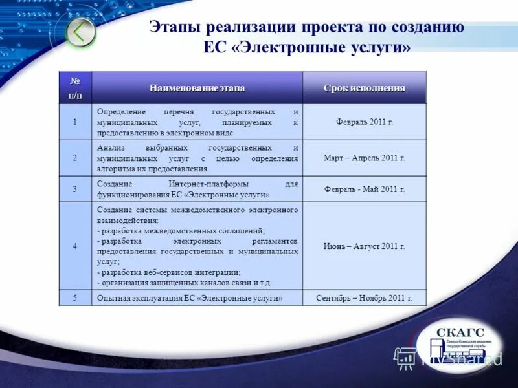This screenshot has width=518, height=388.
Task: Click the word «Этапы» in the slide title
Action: point(174,27)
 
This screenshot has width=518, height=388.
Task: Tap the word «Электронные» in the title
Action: point(303,48)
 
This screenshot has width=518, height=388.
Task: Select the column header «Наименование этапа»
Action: point(197,88)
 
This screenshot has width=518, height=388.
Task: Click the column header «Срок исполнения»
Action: point(365,88)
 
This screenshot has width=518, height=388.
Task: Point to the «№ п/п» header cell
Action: point(75,88)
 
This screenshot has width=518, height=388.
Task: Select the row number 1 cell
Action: point(75,122)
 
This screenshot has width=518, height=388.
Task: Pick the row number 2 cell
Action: point(75,158)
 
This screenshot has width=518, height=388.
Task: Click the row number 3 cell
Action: point(75,189)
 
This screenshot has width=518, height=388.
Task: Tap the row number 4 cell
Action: point(75,246)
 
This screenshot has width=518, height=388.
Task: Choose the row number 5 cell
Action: point(75,298)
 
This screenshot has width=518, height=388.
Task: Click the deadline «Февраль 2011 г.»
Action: point(365,122)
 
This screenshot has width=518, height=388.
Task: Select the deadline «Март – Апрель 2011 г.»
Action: point(365,158)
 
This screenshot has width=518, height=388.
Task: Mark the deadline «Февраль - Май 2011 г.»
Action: point(365,189)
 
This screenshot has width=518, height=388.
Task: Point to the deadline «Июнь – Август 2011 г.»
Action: point(365,246)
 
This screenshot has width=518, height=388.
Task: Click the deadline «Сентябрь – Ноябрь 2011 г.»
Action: point(365,298)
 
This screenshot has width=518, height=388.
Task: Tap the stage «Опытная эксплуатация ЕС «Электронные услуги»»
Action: point(190,298)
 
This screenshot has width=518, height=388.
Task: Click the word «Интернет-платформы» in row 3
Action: point(200,184)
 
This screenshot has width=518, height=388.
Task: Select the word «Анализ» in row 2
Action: point(111,148)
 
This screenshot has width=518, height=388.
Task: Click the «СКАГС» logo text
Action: point(460,333)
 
